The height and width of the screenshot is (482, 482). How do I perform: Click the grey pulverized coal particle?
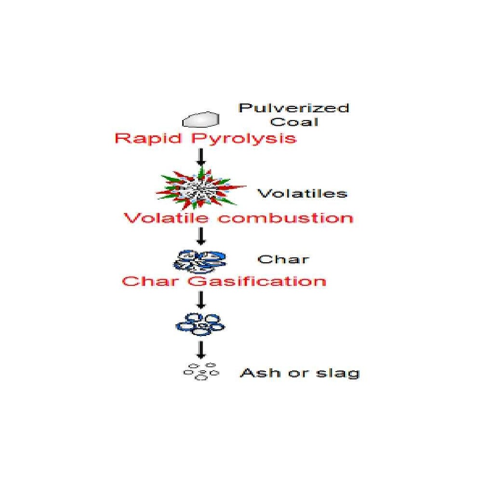(x=201, y=119)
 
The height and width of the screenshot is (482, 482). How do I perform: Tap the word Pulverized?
(x=294, y=108)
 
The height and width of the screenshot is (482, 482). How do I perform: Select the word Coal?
(x=294, y=122)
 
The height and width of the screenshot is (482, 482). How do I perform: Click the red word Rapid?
(x=148, y=138)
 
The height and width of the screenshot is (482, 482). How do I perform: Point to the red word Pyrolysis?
(x=244, y=139)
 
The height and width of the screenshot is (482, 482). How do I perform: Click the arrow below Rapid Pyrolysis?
(x=201, y=157)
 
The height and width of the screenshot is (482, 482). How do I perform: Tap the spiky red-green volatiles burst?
(x=201, y=188)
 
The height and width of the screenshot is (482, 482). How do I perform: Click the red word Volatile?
(x=166, y=218)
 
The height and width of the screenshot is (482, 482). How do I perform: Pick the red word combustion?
(x=286, y=218)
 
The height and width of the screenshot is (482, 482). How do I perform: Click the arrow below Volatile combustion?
(x=201, y=236)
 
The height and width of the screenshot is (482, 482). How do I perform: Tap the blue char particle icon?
(x=200, y=262)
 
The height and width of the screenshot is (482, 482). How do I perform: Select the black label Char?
(x=283, y=259)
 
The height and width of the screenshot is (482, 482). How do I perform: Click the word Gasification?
(x=257, y=281)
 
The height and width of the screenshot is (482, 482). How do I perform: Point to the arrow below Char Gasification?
(x=201, y=300)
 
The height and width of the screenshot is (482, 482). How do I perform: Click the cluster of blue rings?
(x=200, y=324)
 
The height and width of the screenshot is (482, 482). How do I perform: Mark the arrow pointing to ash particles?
(x=201, y=349)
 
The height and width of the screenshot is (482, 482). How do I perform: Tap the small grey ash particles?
(x=201, y=371)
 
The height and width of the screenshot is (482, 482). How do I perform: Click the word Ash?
(x=261, y=373)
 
